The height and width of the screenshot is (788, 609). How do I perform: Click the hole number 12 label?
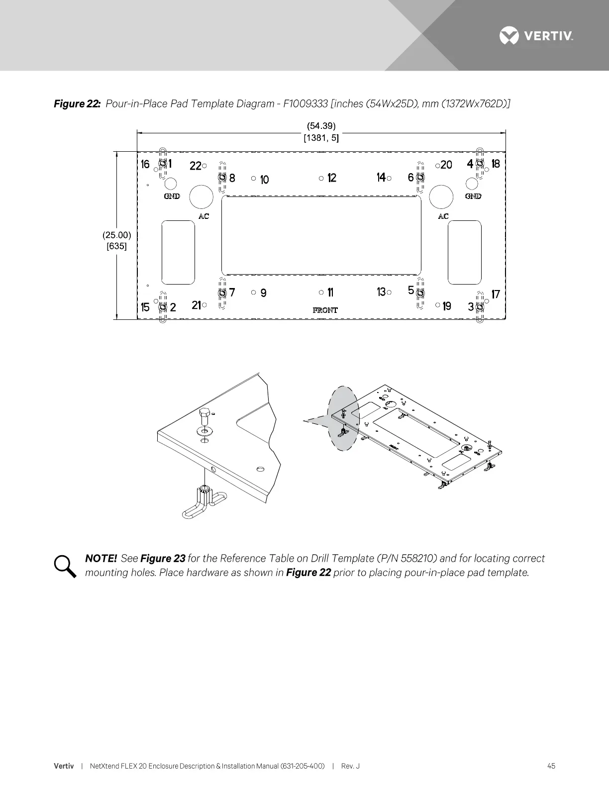332,178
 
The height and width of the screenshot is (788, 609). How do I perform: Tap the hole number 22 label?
195,166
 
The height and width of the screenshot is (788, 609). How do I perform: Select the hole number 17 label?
496,294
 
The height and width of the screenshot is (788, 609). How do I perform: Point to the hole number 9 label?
263,293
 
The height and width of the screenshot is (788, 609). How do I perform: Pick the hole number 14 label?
381,177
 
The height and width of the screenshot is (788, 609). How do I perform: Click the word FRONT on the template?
325,310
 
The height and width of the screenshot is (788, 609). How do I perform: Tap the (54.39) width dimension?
321,126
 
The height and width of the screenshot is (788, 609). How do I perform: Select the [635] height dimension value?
117,246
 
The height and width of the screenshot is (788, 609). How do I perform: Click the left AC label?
204,216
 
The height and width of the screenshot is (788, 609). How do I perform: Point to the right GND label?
473,196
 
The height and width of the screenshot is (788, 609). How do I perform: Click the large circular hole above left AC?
201,197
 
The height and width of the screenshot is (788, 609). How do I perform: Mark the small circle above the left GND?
170,184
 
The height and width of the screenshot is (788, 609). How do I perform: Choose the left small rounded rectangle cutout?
178,253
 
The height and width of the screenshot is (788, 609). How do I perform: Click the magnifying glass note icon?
65,566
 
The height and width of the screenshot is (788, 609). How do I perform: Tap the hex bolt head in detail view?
204,414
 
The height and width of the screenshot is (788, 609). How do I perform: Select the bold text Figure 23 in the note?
163,558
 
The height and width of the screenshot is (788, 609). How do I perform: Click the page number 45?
551,766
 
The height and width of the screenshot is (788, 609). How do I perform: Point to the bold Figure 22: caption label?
78,103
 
